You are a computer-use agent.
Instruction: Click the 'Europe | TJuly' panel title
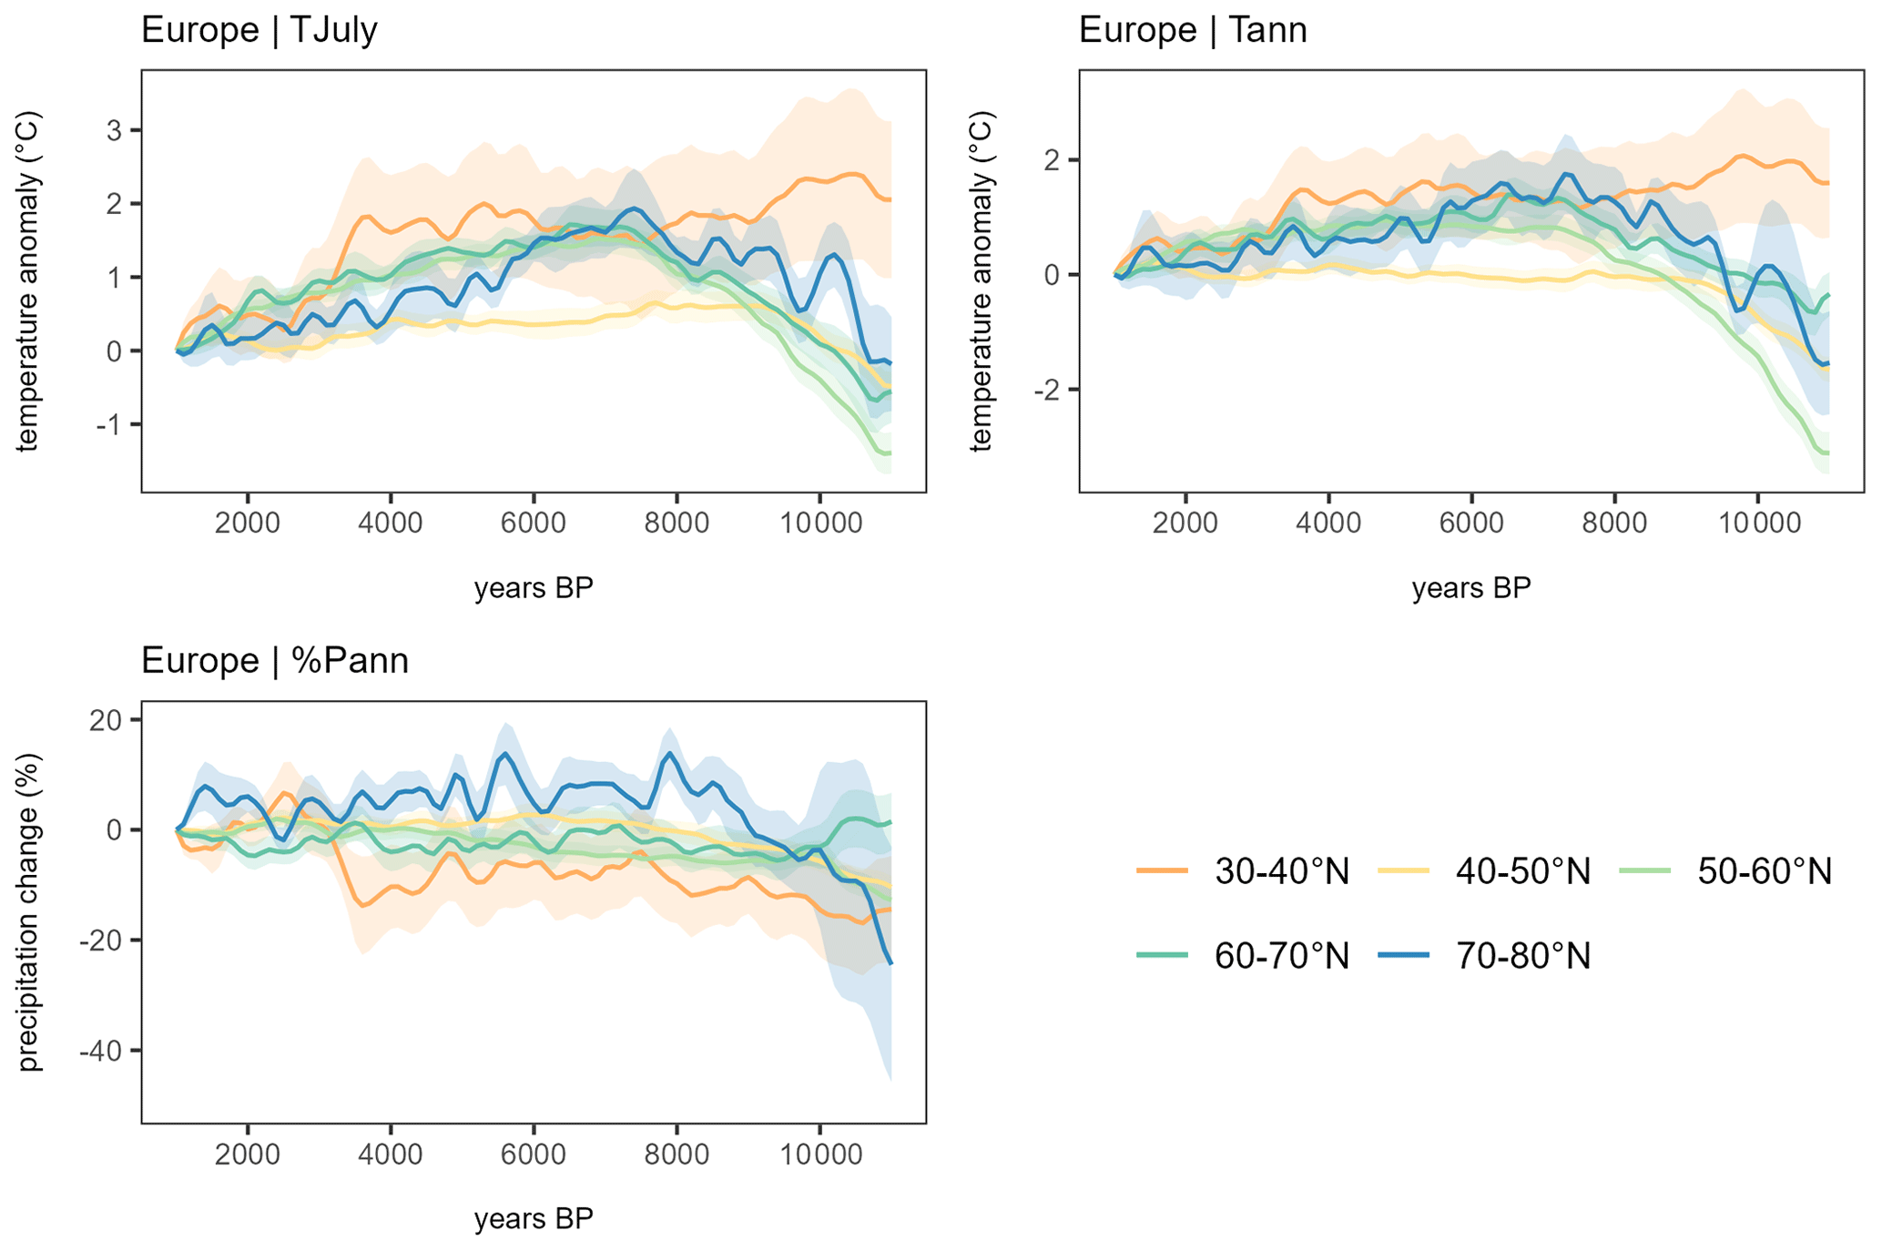coord(259,31)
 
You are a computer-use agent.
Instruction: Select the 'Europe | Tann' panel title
coord(1192,31)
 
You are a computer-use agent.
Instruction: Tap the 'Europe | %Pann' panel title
coord(274,661)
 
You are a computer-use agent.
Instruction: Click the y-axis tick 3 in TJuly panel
coord(114,130)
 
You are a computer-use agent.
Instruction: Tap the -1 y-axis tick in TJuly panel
coord(108,424)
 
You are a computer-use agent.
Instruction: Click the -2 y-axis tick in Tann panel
coord(1047,390)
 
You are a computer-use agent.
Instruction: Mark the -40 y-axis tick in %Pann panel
coord(99,1051)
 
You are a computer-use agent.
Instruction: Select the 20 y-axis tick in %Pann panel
coord(105,720)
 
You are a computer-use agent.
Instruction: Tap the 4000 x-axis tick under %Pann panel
coord(391,1154)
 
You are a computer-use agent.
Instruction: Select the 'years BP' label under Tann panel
coord(1471,588)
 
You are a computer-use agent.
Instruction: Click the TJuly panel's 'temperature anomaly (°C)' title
coord(30,281)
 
